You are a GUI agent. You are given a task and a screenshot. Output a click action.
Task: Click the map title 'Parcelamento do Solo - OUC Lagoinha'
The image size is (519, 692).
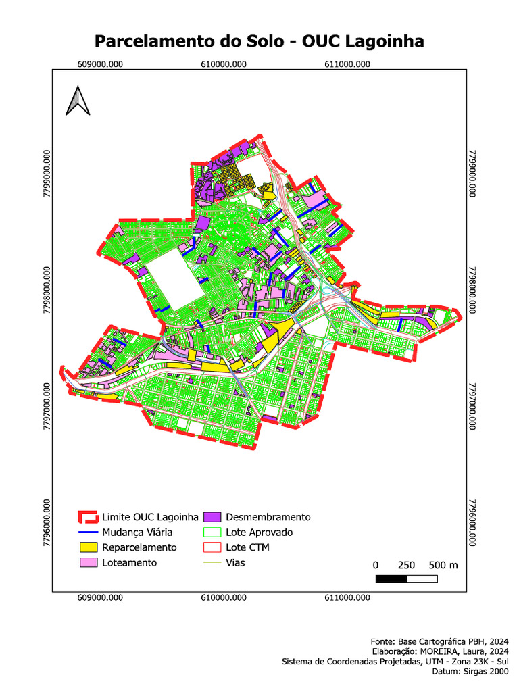[259, 41]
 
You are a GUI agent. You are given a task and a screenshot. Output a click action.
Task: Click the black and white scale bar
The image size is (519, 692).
[405, 578]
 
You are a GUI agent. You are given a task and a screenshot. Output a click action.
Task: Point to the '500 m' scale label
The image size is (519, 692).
[443, 565]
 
